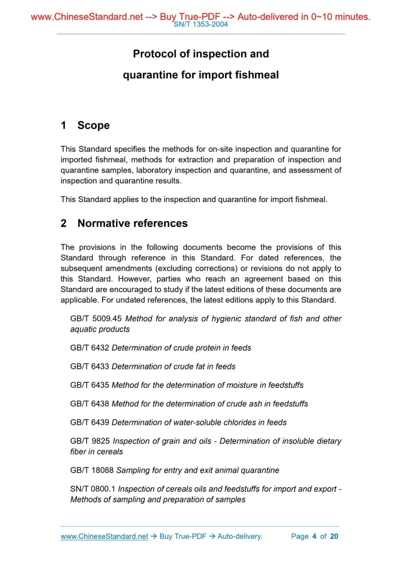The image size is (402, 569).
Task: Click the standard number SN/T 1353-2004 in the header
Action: coord(201,24)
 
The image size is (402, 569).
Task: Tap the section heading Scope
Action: coord(93,125)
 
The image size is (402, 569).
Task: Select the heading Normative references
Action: coord(132,223)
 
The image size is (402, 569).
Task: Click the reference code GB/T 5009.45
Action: coord(96,319)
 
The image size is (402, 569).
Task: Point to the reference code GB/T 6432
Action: coord(89,348)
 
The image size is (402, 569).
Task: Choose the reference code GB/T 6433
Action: coord(89,366)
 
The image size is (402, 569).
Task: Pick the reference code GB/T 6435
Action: coord(89,385)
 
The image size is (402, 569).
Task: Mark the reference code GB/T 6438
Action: coord(89,404)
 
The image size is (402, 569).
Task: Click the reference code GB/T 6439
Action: coord(89,422)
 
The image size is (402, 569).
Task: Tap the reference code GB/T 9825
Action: coord(89,441)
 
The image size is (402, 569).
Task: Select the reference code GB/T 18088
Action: coord(92,470)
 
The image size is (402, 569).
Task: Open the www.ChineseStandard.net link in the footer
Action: coord(104,536)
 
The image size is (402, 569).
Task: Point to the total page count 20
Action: coord(334,536)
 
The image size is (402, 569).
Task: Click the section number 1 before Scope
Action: coord(64,125)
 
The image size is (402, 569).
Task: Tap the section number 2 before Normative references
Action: coord(64,223)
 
